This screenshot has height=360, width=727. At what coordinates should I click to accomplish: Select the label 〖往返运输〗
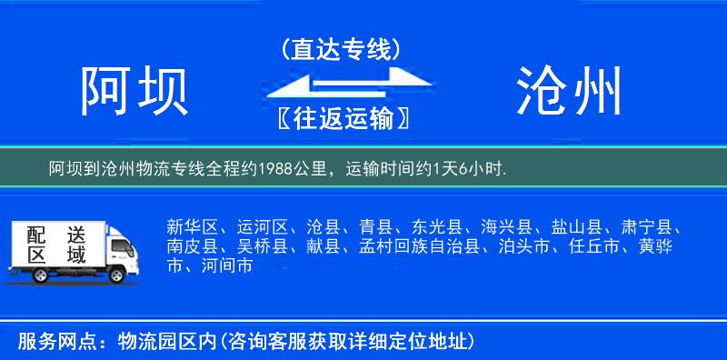(341, 117)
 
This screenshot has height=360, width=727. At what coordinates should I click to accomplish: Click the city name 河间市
(226, 267)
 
